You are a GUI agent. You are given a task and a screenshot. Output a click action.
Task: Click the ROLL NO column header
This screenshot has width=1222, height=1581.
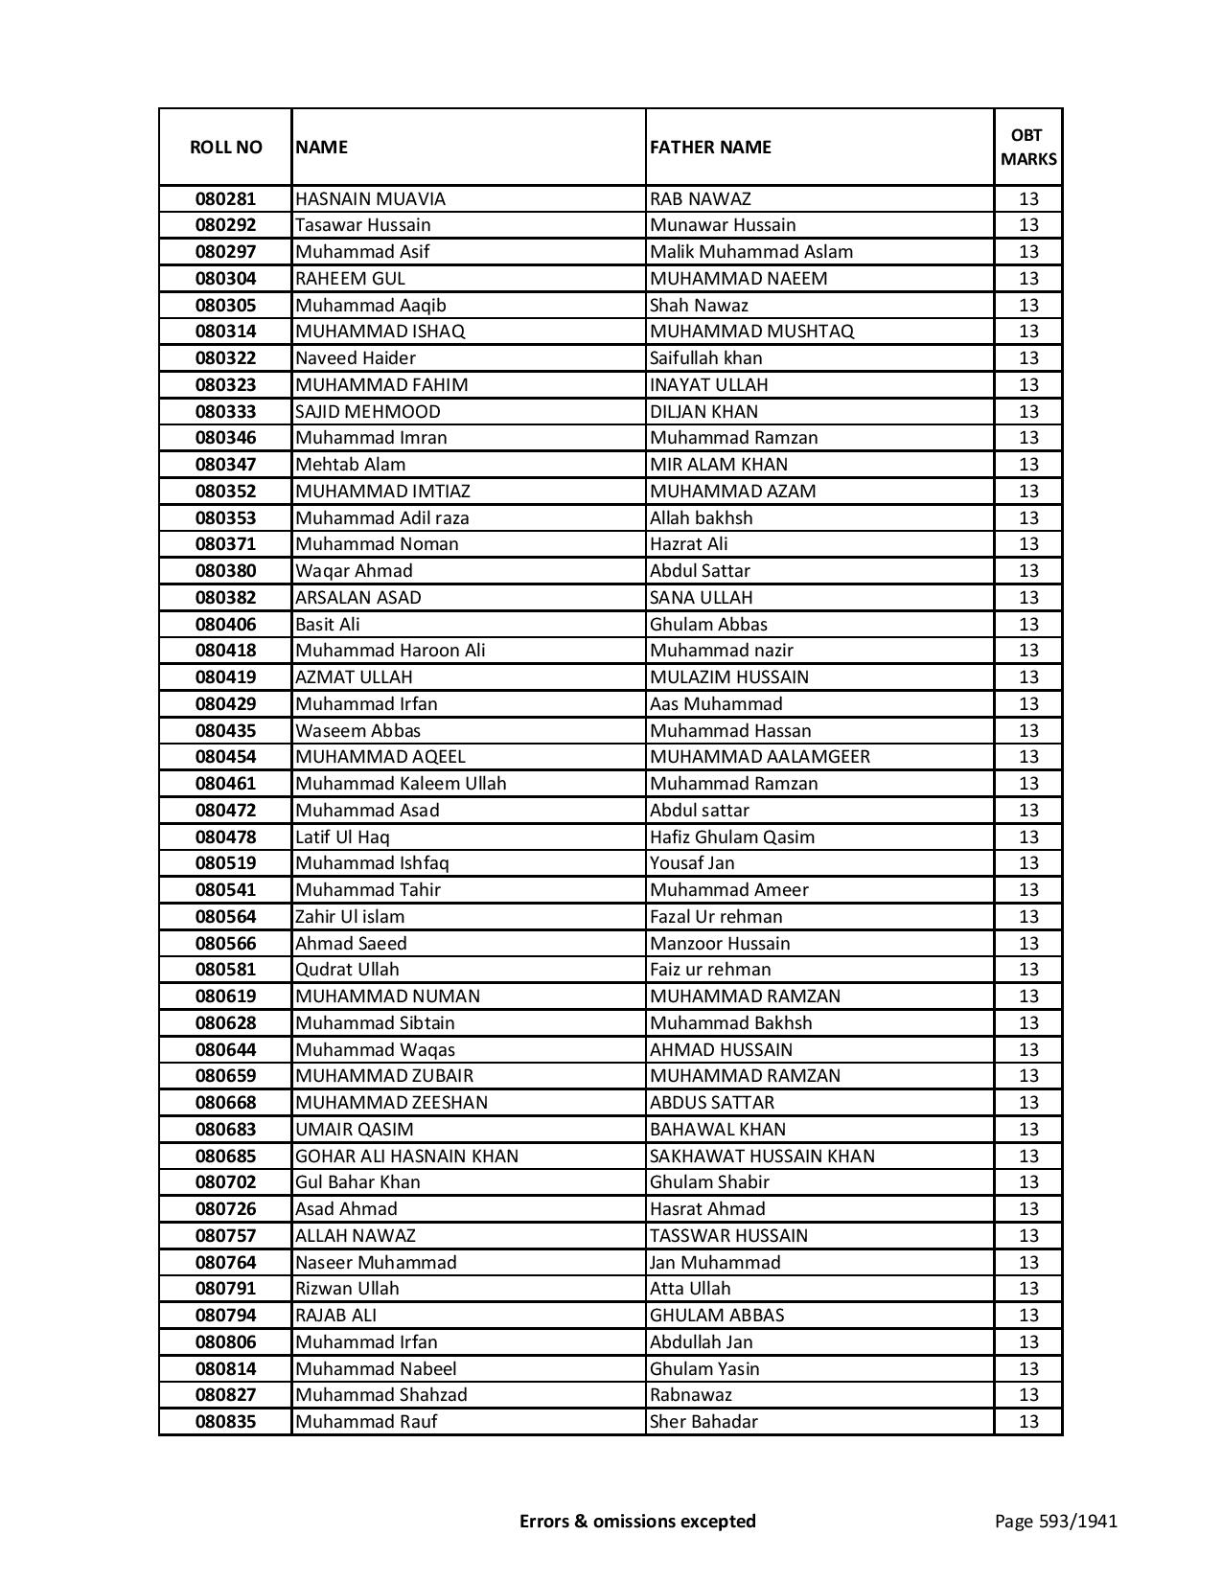click(225, 148)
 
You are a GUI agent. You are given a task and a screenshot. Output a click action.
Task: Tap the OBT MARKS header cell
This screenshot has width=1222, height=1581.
click(1028, 148)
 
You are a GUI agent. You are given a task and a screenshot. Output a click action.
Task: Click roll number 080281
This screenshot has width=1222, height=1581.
click(225, 199)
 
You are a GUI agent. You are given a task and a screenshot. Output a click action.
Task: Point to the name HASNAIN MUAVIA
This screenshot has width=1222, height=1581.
click(370, 199)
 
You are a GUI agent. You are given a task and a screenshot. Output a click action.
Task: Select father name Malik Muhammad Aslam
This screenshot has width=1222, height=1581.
click(750, 252)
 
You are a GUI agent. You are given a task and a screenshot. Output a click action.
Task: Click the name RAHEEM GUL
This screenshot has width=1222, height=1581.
click(350, 279)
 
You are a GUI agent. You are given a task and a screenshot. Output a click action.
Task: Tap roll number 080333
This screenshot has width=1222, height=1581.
click(225, 412)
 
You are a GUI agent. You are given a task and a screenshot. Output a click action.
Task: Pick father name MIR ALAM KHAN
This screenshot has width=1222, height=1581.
click(718, 465)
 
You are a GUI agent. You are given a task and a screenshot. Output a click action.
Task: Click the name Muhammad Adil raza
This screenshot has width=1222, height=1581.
click(381, 518)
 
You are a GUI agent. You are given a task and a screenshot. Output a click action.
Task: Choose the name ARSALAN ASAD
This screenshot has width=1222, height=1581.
click(357, 598)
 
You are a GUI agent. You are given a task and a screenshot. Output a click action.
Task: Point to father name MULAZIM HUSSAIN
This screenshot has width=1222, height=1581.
click(728, 677)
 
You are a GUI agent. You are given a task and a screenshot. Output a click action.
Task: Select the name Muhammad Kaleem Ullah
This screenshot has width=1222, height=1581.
click(400, 784)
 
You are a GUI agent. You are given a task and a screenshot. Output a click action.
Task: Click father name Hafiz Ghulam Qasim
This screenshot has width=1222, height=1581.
click(731, 837)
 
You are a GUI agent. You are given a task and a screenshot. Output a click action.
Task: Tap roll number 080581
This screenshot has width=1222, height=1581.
click(225, 970)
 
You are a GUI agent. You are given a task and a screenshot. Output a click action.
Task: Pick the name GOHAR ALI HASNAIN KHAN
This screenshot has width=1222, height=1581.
click(406, 1157)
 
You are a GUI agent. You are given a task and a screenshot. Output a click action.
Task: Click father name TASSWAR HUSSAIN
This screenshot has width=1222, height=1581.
click(728, 1236)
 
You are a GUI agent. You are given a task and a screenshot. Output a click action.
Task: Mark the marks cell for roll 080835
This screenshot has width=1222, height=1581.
click(1028, 1422)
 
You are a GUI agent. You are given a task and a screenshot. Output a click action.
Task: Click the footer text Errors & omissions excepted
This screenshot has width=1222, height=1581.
click(637, 1521)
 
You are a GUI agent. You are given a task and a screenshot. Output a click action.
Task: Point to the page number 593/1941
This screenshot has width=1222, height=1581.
click(1055, 1521)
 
